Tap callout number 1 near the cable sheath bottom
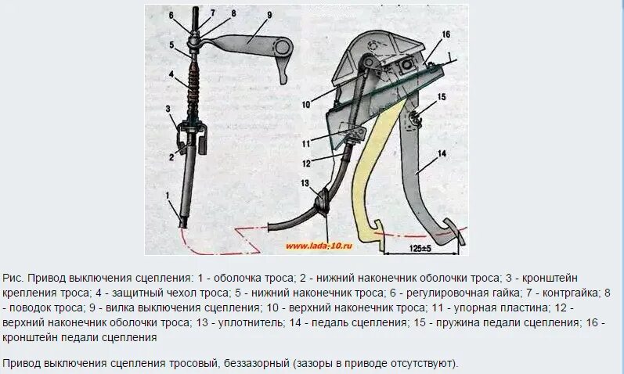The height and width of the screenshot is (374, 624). point(166,193)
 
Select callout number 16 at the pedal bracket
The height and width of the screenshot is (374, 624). point(445,35)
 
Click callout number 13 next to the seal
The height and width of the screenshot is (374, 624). point(305,183)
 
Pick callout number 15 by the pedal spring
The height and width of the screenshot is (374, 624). point(442,96)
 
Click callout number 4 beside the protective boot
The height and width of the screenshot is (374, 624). point(170,75)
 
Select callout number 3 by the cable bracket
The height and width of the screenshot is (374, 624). point(167,107)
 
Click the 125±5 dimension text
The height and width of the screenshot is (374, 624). point(421,247)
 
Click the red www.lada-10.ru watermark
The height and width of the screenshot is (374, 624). point(319,245)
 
